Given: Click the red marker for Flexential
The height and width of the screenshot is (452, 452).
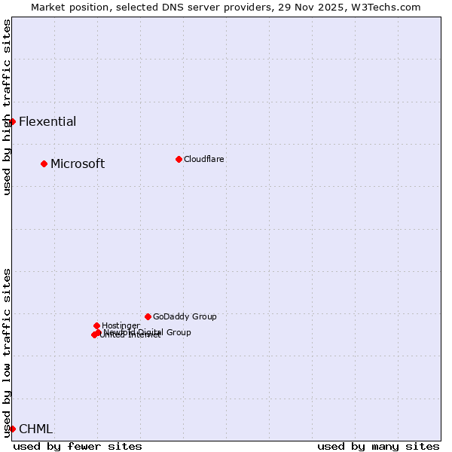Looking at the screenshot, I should (x=12, y=121).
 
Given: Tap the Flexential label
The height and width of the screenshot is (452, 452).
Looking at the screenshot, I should (x=47, y=122).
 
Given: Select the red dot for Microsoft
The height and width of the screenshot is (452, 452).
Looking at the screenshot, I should (x=44, y=163).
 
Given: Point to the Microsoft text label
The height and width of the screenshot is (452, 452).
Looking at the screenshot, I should (x=78, y=164).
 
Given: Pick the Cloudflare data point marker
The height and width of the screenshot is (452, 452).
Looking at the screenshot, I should (x=179, y=159).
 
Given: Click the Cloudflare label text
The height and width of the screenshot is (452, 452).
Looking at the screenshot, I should (x=204, y=160).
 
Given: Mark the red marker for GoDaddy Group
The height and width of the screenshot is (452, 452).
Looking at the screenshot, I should (x=148, y=316).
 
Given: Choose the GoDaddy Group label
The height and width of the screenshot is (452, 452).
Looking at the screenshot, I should (x=185, y=317).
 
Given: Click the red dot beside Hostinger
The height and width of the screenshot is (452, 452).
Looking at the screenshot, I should (x=96, y=325).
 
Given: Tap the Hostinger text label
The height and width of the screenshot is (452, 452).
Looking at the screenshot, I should (x=121, y=326).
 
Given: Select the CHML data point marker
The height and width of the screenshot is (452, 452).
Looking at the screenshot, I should (x=12, y=429).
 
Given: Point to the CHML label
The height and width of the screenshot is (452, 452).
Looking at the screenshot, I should (x=36, y=429).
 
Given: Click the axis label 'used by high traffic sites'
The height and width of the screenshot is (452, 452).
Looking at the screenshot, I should (x=8, y=107).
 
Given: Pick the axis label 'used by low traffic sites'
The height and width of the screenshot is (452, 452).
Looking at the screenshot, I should (x=8, y=353).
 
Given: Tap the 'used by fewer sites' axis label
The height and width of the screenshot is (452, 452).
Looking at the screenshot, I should (x=78, y=447).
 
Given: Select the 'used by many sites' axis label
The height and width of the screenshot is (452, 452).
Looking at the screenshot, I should (x=378, y=447).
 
